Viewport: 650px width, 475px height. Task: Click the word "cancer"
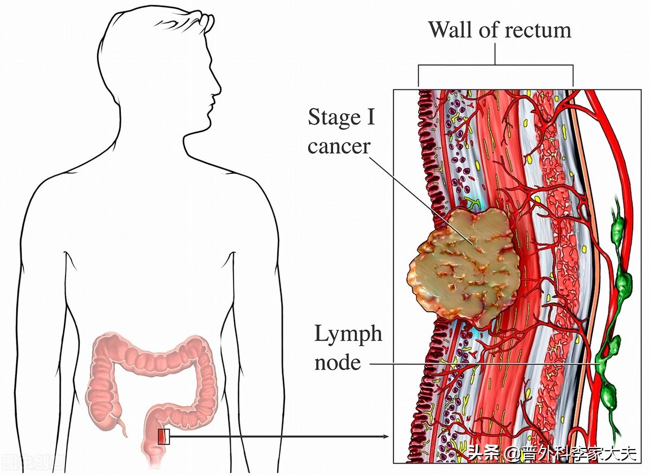[339, 147]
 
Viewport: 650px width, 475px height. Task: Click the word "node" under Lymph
[337, 363]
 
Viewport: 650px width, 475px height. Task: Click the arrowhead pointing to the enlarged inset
[385, 437]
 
